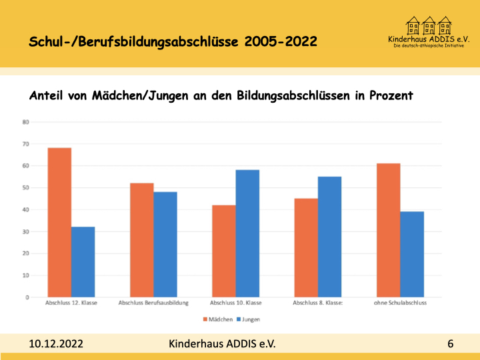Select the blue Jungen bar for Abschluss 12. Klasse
(x=83, y=262)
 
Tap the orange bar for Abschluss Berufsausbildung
(x=141, y=240)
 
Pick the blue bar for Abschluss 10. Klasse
(x=247, y=233)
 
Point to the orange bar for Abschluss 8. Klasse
(x=306, y=247)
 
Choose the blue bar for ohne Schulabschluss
(x=412, y=254)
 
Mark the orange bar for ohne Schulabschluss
(x=388, y=230)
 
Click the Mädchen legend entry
(x=218, y=319)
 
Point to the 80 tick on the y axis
(x=26, y=122)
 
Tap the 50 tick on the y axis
(x=26, y=188)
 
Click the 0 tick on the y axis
(x=27, y=297)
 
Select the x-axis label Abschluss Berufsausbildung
(x=153, y=303)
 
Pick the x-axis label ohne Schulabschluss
(x=400, y=303)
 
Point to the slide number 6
(x=451, y=344)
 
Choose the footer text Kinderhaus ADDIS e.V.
(x=222, y=343)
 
